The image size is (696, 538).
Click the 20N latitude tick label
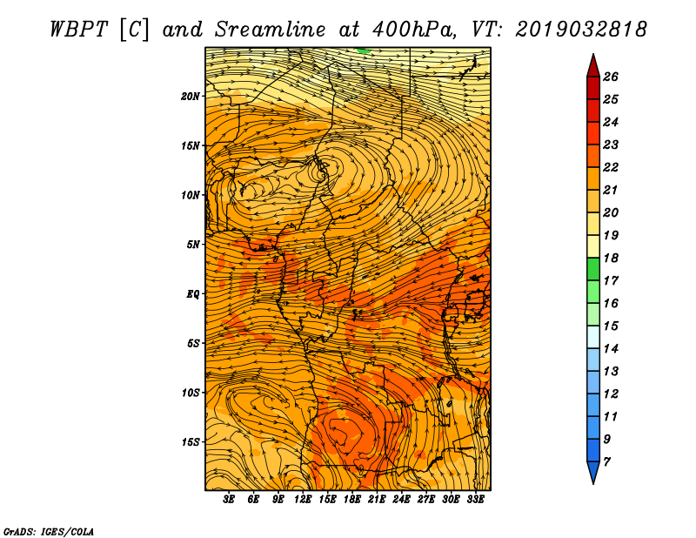pyautogui.click(x=191, y=97)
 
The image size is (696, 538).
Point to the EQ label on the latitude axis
pyautogui.click(x=193, y=294)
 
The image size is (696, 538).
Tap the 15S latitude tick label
pyautogui.click(x=191, y=442)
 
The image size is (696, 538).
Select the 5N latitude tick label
pyautogui.click(x=193, y=245)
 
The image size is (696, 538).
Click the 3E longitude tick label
pyautogui.click(x=229, y=500)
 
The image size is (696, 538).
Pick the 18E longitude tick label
pyautogui.click(x=352, y=500)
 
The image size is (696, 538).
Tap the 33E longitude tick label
pyautogui.click(x=475, y=500)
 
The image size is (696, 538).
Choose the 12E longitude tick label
pyautogui.click(x=303, y=500)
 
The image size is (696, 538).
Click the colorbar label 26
pyautogui.click(x=611, y=77)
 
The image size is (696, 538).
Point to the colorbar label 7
pyautogui.click(x=607, y=462)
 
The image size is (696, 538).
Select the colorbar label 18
pyautogui.click(x=611, y=258)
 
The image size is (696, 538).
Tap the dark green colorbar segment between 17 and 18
pyautogui.click(x=593, y=269)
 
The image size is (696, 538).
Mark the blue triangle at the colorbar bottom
pyautogui.click(x=593, y=471)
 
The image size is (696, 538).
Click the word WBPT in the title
pyautogui.click(x=79, y=30)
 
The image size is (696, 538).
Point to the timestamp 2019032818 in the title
pyautogui.click(x=581, y=30)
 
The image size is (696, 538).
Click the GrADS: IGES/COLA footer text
pyautogui.click(x=49, y=531)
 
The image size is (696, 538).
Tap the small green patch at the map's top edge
pyautogui.click(x=364, y=50)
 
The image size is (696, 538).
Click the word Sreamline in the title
pyautogui.click(x=271, y=30)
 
